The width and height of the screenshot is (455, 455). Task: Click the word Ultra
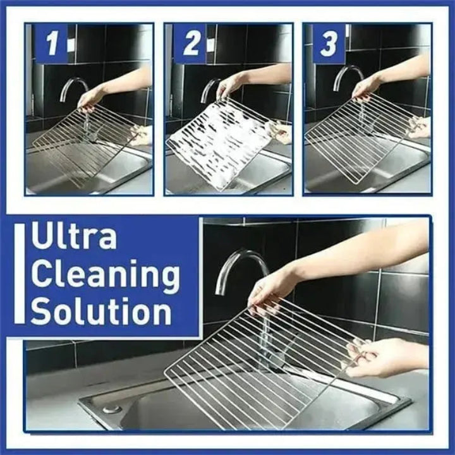(x=74, y=237)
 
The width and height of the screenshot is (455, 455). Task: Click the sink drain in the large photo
(x=112, y=409)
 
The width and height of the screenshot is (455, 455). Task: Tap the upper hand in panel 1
(x=92, y=97)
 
